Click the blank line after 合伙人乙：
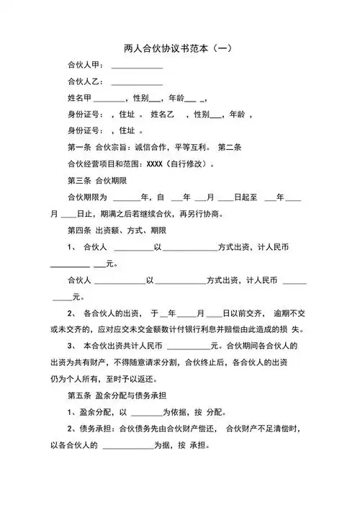point(137,83)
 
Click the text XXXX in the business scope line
point(156,164)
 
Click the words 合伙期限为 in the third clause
point(86,197)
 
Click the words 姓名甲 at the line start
point(80,98)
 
